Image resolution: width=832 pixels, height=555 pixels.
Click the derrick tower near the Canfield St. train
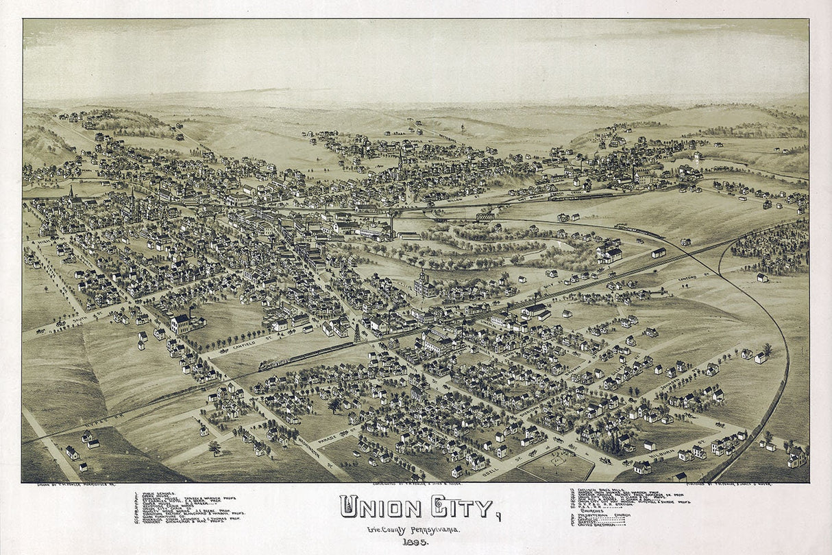point(356,333)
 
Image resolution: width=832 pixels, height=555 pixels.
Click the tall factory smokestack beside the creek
point(393,223)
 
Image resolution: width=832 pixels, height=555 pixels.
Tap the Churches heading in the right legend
point(590,510)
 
